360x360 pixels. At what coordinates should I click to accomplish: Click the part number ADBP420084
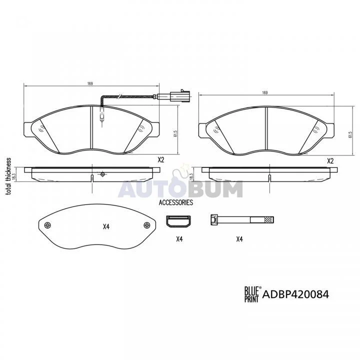pyautogui.click(x=295, y=294)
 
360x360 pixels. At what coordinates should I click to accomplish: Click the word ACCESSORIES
pyautogui.click(x=176, y=202)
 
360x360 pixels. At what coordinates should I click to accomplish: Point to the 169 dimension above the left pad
pyautogui.click(x=90, y=83)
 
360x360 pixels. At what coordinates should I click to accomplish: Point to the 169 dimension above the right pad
pyautogui.click(x=265, y=93)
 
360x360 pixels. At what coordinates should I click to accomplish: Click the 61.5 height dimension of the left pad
pyautogui.click(x=175, y=133)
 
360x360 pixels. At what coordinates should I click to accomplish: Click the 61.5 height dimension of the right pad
pyautogui.click(x=350, y=134)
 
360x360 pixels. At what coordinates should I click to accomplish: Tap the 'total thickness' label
pyautogui.click(x=8, y=176)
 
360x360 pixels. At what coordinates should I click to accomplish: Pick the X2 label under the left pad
pyautogui.click(x=161, y=160)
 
